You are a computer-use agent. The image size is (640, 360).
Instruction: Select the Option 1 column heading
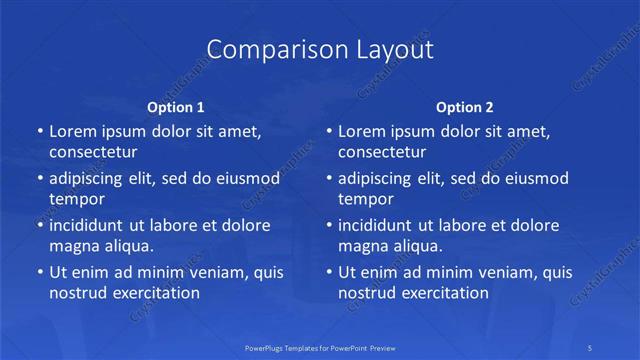(x=176, y=106)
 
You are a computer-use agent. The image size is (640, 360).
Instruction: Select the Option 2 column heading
(x=465, y=106)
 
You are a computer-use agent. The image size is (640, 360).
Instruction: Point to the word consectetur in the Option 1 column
(x=93, y=152)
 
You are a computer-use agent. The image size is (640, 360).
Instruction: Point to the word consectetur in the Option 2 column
(x=382, y=152)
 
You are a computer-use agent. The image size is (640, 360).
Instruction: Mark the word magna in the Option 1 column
(x=74, y=246)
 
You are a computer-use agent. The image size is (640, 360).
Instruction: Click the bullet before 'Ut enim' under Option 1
(x=39, y=272)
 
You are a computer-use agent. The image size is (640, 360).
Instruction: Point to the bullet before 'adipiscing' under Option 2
(x=328, y=179)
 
